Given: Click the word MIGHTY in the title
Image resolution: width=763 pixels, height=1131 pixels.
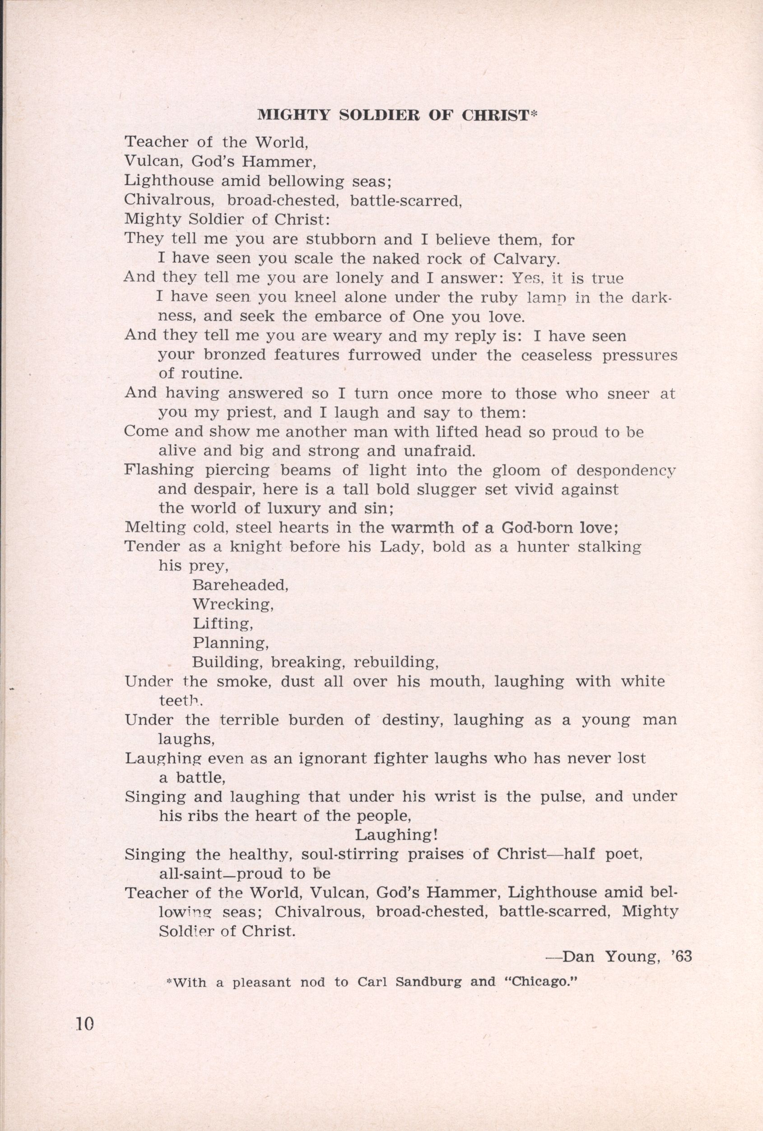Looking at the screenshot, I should [x=288, y=115].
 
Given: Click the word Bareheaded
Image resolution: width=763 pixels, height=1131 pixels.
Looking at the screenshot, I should [x=240, y=584].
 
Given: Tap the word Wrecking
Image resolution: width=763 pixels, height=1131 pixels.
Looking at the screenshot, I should [x=233, y=604].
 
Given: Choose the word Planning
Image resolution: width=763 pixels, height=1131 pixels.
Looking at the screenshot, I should [x=231, y=643].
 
